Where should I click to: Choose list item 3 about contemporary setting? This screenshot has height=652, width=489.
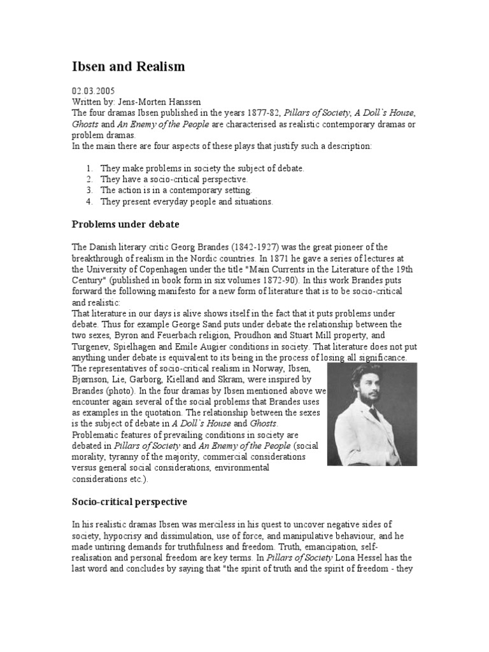click(176, 190)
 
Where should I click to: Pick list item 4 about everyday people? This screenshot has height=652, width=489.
click(186, 201)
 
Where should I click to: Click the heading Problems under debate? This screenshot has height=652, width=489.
click(125, 224)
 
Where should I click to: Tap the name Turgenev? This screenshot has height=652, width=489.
click(90, 347)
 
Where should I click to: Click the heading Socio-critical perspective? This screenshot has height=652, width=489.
click(129, 502)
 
